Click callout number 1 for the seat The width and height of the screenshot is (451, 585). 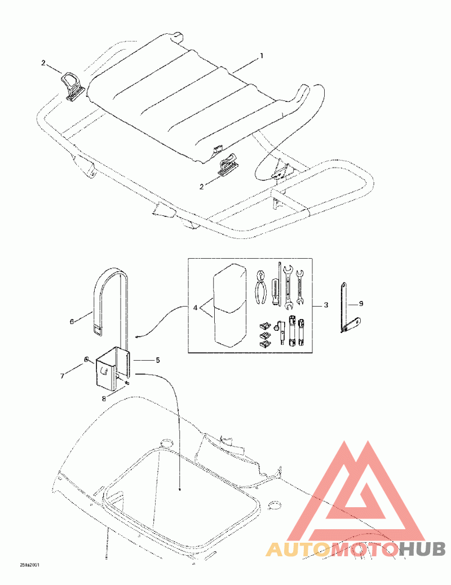[x=261, y=56]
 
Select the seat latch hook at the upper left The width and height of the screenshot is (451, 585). [x=73, y=85]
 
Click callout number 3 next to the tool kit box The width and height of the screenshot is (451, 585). [x=326, y=305]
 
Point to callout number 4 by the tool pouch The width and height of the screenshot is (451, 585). [x=195, y=308]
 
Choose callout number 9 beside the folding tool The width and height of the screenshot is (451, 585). [x=361, y=304]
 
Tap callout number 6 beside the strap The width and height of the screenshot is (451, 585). [x=72, y=321]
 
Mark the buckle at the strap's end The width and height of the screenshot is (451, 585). [x=98, y=327]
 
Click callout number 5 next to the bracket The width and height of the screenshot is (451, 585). [x=158, y=359]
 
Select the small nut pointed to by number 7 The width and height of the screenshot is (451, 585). [x=85, y=359]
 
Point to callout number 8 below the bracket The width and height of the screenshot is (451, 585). [x=103, y=398]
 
